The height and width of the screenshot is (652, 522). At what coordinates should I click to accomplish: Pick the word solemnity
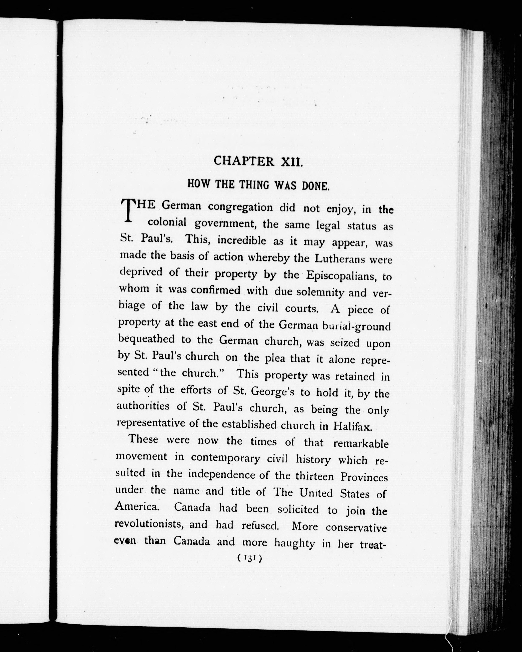coord(320,292)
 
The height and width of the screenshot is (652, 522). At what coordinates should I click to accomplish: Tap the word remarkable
coord(361,444)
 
